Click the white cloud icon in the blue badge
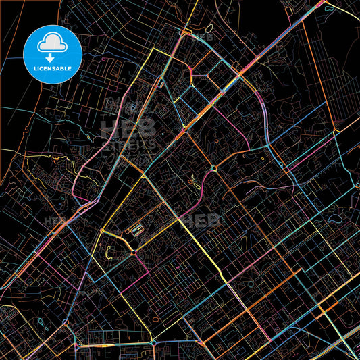53,43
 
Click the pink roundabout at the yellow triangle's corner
134,253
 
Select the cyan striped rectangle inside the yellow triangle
137,230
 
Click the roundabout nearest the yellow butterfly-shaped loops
213,168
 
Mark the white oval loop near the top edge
209,28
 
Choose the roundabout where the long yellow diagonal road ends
153,343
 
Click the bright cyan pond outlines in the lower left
45,323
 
